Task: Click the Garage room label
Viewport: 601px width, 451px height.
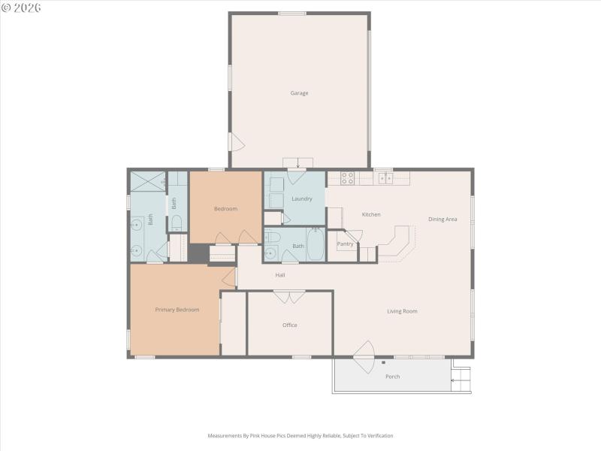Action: click(x=300, y=93)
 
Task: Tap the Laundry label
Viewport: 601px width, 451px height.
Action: click(x=302, y=198)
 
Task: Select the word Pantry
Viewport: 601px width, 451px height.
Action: click(x=345, y=244)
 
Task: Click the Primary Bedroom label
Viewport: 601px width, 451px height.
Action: click(x=177, y=309)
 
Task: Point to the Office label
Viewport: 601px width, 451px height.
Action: click(x=290, y=325)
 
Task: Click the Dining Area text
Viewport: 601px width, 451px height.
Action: click(x=442, y=219)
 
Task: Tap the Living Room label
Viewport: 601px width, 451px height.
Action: click(x=402, y=310)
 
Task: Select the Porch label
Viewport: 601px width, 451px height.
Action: click(x=392, y=376)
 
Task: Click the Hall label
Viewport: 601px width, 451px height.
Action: click(x=280, y=274)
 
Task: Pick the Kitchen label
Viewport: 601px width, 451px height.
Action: click(x=371, y=214)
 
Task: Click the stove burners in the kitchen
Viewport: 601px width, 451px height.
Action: click(x=348, y=178)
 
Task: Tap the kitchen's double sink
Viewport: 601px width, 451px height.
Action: click(x=386, y=178)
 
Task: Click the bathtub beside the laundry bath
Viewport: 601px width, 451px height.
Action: click(x=316, y=244)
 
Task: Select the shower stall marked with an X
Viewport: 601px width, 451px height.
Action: click(x=147, y=180)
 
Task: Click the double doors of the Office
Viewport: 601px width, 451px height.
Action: click(x=289, y=297)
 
